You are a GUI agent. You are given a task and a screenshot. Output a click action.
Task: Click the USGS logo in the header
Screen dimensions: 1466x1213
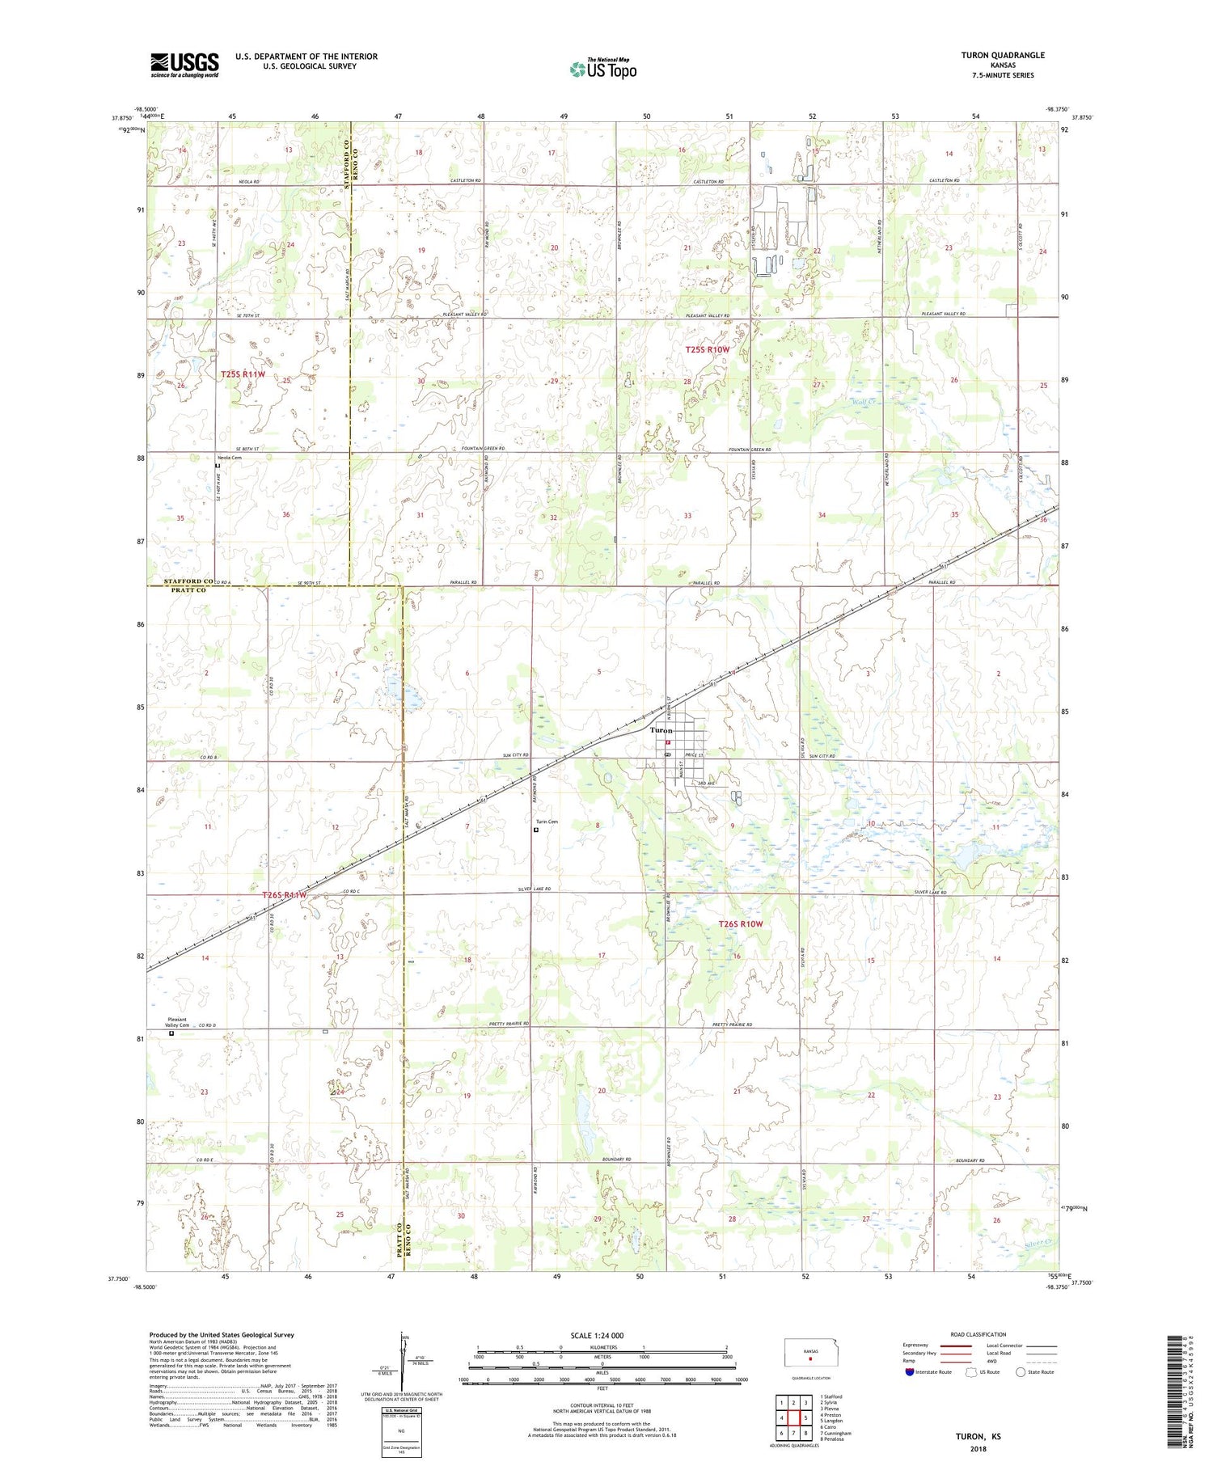(184, 65)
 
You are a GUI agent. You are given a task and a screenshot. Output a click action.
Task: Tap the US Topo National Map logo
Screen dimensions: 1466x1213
(602, 69)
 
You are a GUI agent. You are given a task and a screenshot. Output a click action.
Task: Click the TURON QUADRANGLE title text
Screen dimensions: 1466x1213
(1002, 55)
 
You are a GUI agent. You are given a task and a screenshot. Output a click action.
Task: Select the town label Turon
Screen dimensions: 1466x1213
(661, 730)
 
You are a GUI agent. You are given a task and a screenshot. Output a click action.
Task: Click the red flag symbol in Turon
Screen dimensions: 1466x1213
(668, 741)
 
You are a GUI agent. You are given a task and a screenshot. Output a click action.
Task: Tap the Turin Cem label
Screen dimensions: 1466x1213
(547, 822)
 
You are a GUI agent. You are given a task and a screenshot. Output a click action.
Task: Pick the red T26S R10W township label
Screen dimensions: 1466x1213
(741, 923)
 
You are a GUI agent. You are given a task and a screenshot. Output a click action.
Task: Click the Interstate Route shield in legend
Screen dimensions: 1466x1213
(911, 1372)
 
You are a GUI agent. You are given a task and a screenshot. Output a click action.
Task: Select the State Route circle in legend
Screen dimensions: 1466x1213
(1021, 1372)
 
